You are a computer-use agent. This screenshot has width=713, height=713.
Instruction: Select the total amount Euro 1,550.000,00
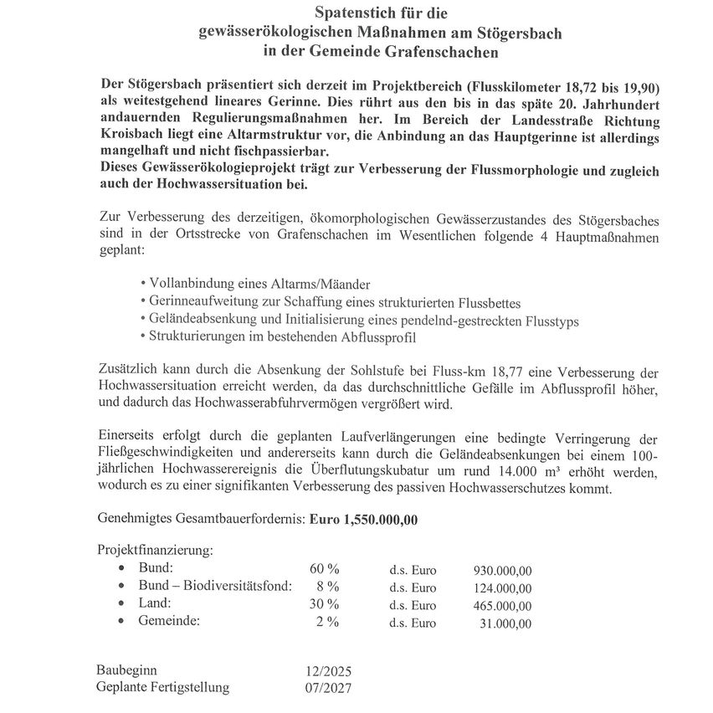[x=363, y=519]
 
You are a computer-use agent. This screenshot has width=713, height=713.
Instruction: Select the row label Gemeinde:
[x=169, y=622]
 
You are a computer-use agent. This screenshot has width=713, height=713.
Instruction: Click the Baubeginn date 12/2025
[x=329, y=671]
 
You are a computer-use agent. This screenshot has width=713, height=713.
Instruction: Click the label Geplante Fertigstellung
[x=163, y=688]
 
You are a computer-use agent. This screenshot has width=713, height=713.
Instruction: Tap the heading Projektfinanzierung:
[x=155, y=551]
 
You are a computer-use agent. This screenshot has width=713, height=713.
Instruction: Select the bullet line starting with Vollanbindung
[x=254, y=283]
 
